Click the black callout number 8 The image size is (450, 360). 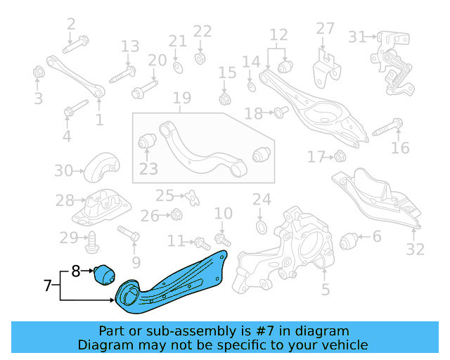click(77, 269)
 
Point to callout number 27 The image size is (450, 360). click(325, 29)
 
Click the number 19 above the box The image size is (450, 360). click(182, 98)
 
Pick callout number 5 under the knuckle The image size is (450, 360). click(325, 289)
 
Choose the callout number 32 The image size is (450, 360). click(416, 249)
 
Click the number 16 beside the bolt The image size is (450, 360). click(400, 148)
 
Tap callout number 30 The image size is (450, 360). click(64, 170)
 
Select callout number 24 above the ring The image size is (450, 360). click(262, 199)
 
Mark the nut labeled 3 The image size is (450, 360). click(39, 72)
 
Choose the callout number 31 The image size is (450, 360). click(358, 37)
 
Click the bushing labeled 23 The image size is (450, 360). click(147, 141)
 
